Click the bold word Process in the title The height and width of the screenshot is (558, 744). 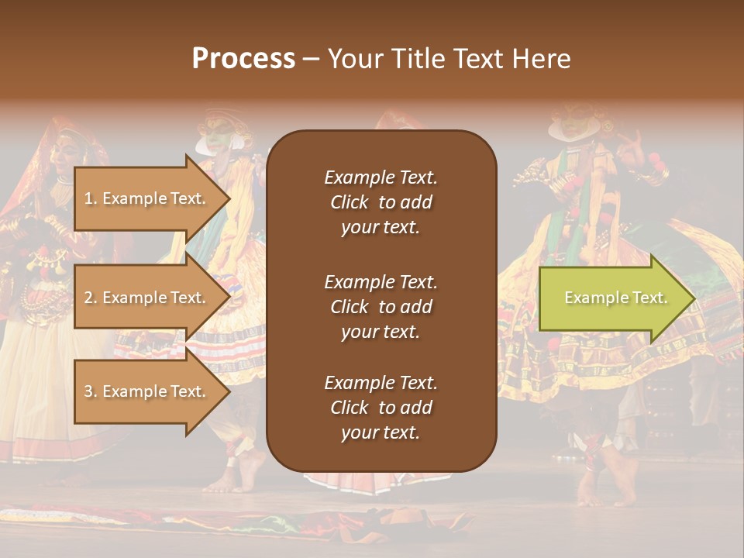point(243,59)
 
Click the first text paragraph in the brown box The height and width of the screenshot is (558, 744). point(381,202)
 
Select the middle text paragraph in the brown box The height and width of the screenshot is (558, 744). point(381,307)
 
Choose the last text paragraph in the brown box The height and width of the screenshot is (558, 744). point(381,408)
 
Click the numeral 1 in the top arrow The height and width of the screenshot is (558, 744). point(88,198)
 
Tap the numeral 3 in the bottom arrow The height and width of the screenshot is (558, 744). point(88,391)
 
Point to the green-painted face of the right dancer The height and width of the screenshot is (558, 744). point(573,122)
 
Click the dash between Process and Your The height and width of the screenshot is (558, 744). point(311,60)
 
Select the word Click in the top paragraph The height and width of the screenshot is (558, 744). point(350,202)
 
